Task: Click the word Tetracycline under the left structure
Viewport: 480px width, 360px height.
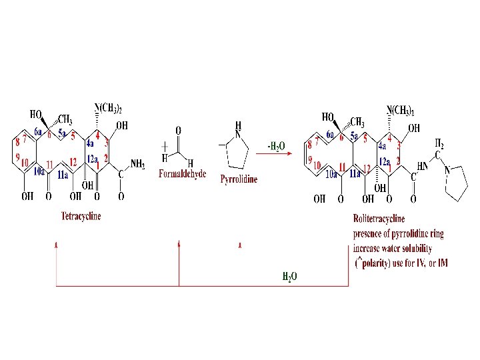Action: coord(81,217)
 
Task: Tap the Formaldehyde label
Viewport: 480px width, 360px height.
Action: coord(183,175)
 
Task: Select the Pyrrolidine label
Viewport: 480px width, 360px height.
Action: coord(239,179)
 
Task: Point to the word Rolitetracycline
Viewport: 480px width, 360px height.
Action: coord(379,219)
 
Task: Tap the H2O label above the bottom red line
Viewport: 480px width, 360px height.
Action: coord(289,276)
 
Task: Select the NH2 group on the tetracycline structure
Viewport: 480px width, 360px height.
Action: coord(137,163)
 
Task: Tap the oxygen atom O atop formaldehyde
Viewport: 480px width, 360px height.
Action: coord(178,130)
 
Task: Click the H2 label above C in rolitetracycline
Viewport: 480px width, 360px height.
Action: coord(439,143)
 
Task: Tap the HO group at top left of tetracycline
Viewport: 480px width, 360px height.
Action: coord(37,115)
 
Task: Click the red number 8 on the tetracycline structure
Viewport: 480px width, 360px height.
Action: coord(17,142)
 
